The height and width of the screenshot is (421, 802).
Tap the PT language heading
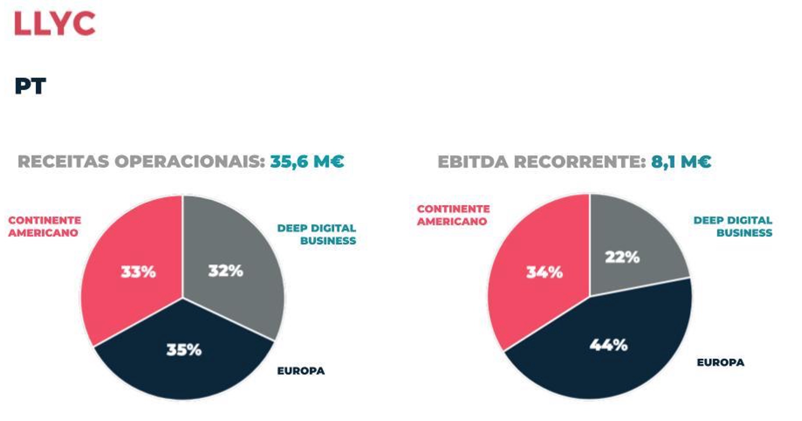pos(30,86)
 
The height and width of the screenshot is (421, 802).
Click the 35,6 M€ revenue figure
pos(307,161)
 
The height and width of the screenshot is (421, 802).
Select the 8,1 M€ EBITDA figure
pos(681,162)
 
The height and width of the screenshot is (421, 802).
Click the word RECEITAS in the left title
pos(63,162)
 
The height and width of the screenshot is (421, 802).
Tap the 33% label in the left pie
pos(138,272)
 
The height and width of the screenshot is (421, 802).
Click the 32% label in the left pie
pos(225,271)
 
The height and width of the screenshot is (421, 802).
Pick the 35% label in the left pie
pos(184,350)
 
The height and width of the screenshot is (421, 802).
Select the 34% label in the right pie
pos(544,272)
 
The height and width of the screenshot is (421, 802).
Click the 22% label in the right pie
pos(622,257)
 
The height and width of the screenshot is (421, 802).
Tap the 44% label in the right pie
pos(609,345)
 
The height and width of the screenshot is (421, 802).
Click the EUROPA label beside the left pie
pos(301,371)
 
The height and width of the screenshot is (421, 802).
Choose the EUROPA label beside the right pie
pos(720,362)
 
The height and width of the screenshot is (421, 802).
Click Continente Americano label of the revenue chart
pos(44,227)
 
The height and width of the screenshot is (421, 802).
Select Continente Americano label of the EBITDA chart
pos(453,215)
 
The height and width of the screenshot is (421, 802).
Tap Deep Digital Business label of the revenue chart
pos(317,234)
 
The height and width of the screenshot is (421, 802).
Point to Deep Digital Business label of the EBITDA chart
pos(733,227)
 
